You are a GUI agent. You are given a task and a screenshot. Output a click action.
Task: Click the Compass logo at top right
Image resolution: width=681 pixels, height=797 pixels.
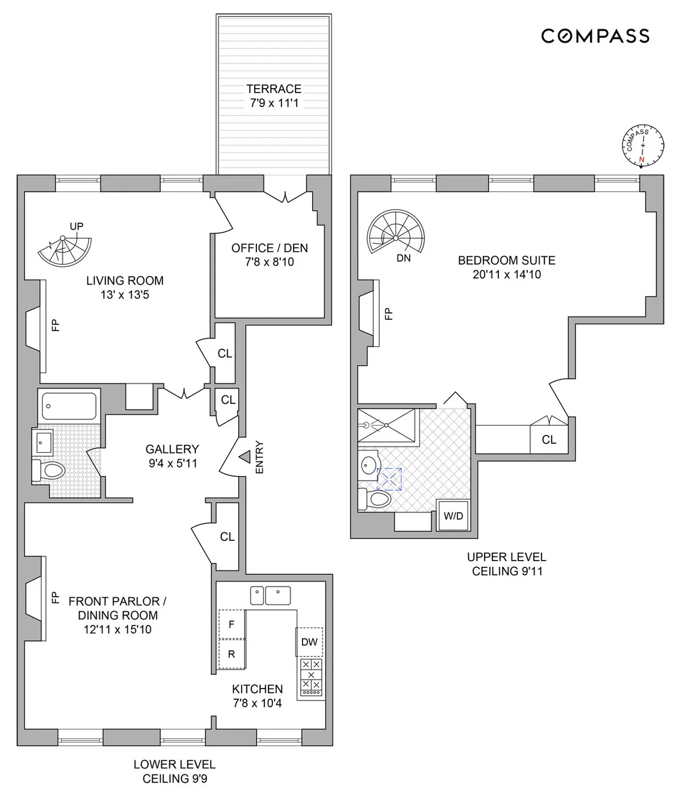coord(595,36)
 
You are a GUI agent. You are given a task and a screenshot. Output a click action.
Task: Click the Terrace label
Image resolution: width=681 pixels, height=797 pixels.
coord(274,89)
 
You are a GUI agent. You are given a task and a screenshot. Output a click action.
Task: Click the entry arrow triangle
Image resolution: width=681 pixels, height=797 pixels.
coord(245,456)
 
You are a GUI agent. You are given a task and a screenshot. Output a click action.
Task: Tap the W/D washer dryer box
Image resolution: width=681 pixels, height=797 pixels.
coord(453,516)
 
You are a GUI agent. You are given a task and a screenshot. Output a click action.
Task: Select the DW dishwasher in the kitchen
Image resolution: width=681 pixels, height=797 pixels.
coord(309,642)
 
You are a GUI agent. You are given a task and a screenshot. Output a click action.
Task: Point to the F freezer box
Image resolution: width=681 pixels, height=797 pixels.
coord(232,624)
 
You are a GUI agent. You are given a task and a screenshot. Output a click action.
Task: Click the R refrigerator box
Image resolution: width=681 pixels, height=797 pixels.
coord(232,654)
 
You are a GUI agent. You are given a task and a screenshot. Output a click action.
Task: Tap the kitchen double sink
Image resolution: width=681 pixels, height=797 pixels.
coord(270,595)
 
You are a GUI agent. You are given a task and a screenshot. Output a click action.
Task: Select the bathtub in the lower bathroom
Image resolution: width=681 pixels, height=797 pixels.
coord(69,406)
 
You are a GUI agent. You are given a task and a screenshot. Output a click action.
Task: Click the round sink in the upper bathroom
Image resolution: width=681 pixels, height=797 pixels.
coord(369,463)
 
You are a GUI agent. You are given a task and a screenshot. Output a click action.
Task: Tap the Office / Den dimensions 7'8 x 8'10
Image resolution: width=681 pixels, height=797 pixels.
coord(270,262)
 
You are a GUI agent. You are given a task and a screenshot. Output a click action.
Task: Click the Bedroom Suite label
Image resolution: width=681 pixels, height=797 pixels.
coord(506,260)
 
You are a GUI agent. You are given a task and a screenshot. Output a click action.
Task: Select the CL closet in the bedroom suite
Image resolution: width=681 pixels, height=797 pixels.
coord(549,439)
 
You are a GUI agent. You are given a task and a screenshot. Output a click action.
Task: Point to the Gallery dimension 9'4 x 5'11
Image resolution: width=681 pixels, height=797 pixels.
coord(173,464)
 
